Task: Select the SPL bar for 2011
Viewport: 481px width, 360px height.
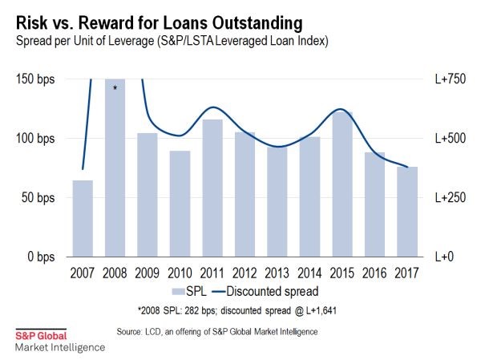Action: point(212,188)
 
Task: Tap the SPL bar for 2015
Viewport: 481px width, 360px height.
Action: point(342,184)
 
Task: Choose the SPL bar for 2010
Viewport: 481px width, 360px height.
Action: point(180,204)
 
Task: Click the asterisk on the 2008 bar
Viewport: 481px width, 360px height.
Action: point(115,87)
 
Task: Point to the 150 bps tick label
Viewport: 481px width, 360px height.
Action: point(34,79)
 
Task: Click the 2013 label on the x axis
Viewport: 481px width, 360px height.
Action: point(277,272)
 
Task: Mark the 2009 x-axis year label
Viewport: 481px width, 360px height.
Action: point(148,272)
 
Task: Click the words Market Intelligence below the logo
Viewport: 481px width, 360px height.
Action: point(59,347)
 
